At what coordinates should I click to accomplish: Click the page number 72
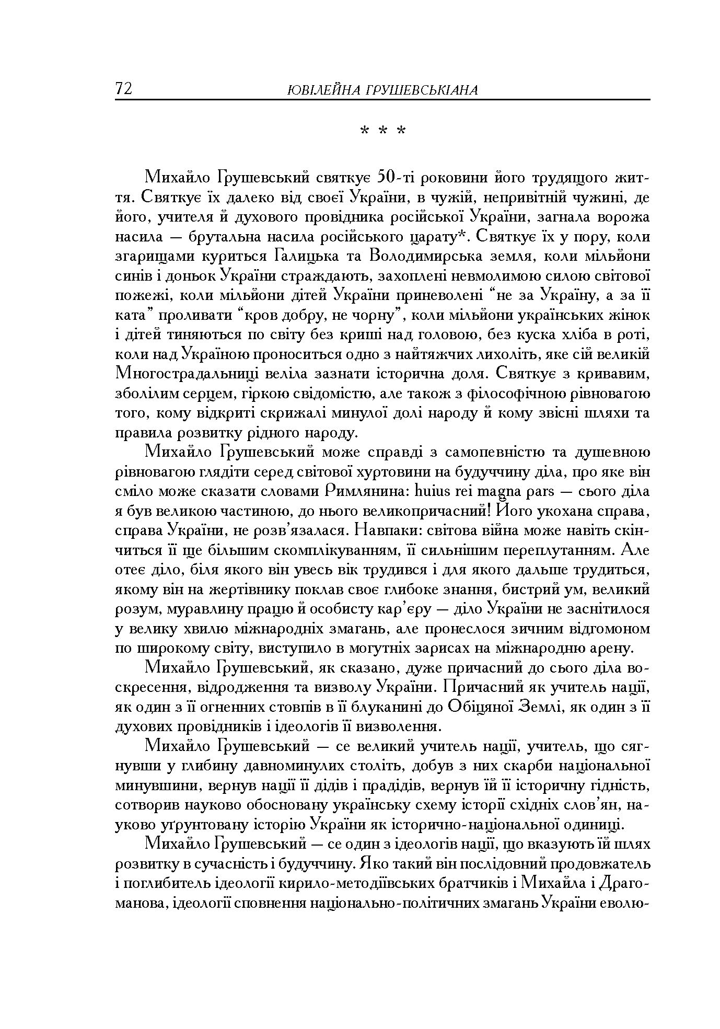tap(124, 89)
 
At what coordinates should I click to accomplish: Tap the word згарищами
tap(154, 257)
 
